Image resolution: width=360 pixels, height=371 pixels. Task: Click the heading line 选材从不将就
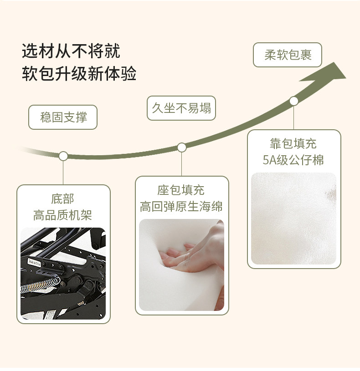[71, 51]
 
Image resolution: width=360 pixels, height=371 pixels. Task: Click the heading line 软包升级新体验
[79, 73]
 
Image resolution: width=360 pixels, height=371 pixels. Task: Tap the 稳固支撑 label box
[63, 117]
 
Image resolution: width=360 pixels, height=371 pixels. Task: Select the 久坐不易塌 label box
[181, 108]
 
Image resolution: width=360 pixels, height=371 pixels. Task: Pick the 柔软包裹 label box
[287, 55]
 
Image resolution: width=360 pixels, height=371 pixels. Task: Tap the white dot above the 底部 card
[63, 156]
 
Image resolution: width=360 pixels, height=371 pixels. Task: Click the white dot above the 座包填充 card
[182, 147]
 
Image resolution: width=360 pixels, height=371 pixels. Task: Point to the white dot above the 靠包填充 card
[294, 101]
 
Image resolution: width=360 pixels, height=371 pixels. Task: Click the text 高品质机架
[62, 215]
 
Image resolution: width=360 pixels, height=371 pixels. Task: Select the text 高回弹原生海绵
[181, 206]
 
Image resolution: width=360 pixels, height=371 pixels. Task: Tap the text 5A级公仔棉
[293, 160]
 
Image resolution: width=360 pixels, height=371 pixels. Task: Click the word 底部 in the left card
[62, 199]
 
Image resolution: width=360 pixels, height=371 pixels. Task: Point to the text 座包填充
[181, 190]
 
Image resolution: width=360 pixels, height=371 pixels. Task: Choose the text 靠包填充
[293, 144]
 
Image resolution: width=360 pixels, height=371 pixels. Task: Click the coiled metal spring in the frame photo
[40, 285]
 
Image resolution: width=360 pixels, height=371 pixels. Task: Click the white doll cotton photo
[293, 219]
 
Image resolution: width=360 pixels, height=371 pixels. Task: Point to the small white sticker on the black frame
[34, 262]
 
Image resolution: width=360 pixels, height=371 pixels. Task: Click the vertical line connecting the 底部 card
[63, 173]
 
